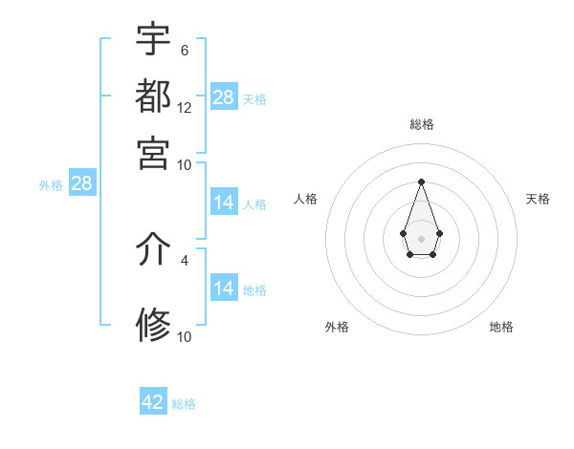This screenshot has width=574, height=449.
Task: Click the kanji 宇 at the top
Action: coord(153,39)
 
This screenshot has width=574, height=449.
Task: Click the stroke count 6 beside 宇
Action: coord(184,50)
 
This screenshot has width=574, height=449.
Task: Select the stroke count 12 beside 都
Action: coord(185,108)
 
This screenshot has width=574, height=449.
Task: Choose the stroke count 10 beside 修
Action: coord(185,336)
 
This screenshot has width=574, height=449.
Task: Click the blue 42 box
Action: coord(153,402)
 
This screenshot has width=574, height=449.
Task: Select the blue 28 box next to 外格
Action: coord(81,184)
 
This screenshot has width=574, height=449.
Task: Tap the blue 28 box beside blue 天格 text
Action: coord(224,97)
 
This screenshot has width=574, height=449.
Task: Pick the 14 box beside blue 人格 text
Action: coord(224,203)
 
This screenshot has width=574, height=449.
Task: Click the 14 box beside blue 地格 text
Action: coord(224,289)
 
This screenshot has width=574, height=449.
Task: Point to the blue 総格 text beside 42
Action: coord(184,404)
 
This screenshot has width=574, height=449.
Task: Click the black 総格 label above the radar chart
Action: coord(422,124)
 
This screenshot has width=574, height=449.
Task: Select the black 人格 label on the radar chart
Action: coord(306,199)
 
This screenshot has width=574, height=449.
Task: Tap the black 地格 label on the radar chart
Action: coord(501,327)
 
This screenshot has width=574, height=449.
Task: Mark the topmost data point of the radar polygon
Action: coord(421,182)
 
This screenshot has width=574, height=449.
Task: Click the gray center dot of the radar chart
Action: coord(421,238)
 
